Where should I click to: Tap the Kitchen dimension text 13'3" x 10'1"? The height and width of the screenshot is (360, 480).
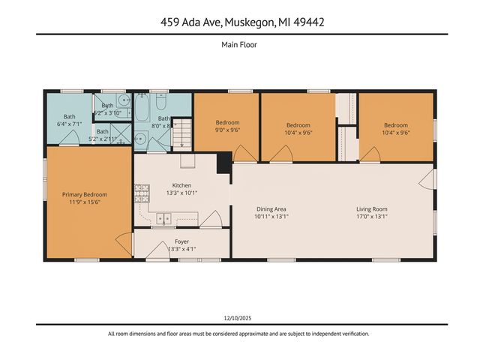click(x=181, y=193)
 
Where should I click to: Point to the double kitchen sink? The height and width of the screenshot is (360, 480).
click(x=163, y=218)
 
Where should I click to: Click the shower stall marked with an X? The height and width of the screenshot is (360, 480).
click(x=140, y=137)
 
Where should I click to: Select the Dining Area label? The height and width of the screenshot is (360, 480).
click(x=271, y=209)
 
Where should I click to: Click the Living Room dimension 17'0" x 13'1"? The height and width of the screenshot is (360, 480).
click(x=371, y=217)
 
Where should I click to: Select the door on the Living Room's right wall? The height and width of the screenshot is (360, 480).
click(x=427, y=179)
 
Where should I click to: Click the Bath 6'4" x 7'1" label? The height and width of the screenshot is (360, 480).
click(x=69, y=120)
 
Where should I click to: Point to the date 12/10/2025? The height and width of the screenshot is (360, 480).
click(x=239, y=317)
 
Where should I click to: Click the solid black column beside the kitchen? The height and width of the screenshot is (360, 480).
click(x=223, y=163)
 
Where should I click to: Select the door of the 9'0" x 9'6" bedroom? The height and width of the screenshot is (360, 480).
click(x=244, y=154)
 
